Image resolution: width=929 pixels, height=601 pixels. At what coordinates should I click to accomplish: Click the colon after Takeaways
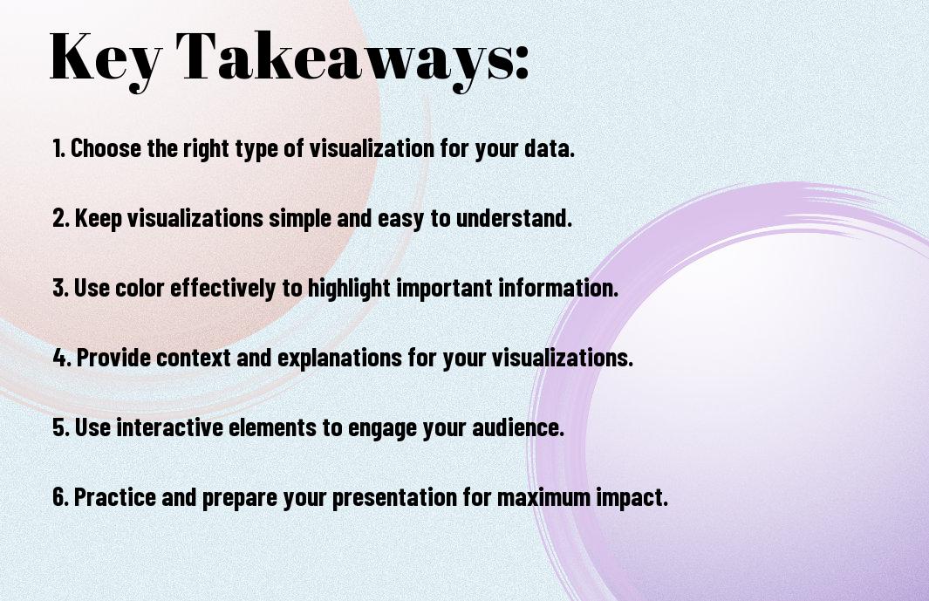click(x=521, y=63)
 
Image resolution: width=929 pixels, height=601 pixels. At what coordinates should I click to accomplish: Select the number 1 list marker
click(x=58, y=148)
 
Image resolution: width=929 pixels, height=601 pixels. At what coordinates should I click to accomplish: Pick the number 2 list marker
click(x=61, y=217)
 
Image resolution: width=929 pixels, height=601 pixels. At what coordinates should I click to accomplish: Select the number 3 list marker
click(x=61, y=288)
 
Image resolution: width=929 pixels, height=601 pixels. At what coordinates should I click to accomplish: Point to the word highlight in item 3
click(x=348, y=289)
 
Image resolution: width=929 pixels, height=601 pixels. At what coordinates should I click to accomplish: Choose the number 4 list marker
click(x=62, y=358)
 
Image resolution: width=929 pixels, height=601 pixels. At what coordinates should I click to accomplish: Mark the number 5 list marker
click(x=61, y=427)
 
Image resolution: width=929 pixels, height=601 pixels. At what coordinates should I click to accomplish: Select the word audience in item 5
click(x=518, y=427)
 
